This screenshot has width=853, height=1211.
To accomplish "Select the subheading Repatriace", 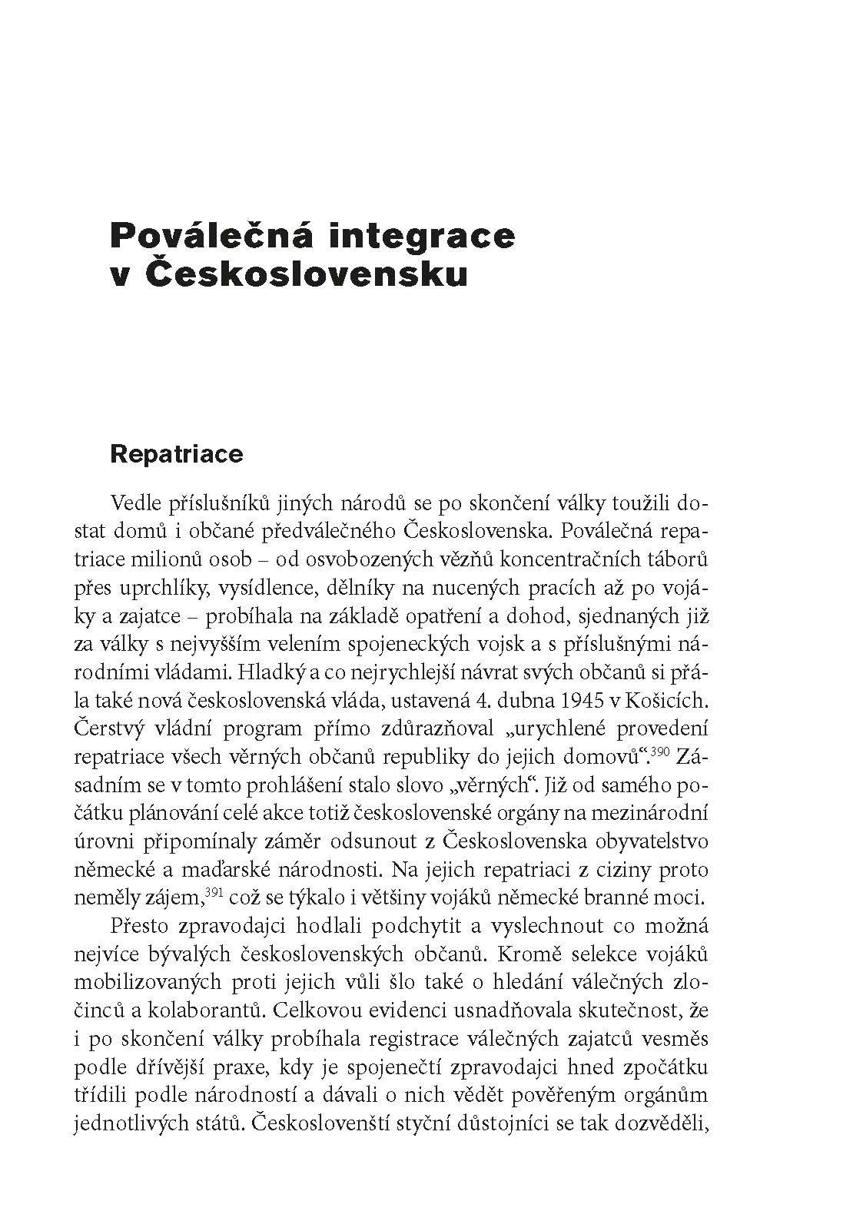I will pyautogui.click(x=177, y=453).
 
